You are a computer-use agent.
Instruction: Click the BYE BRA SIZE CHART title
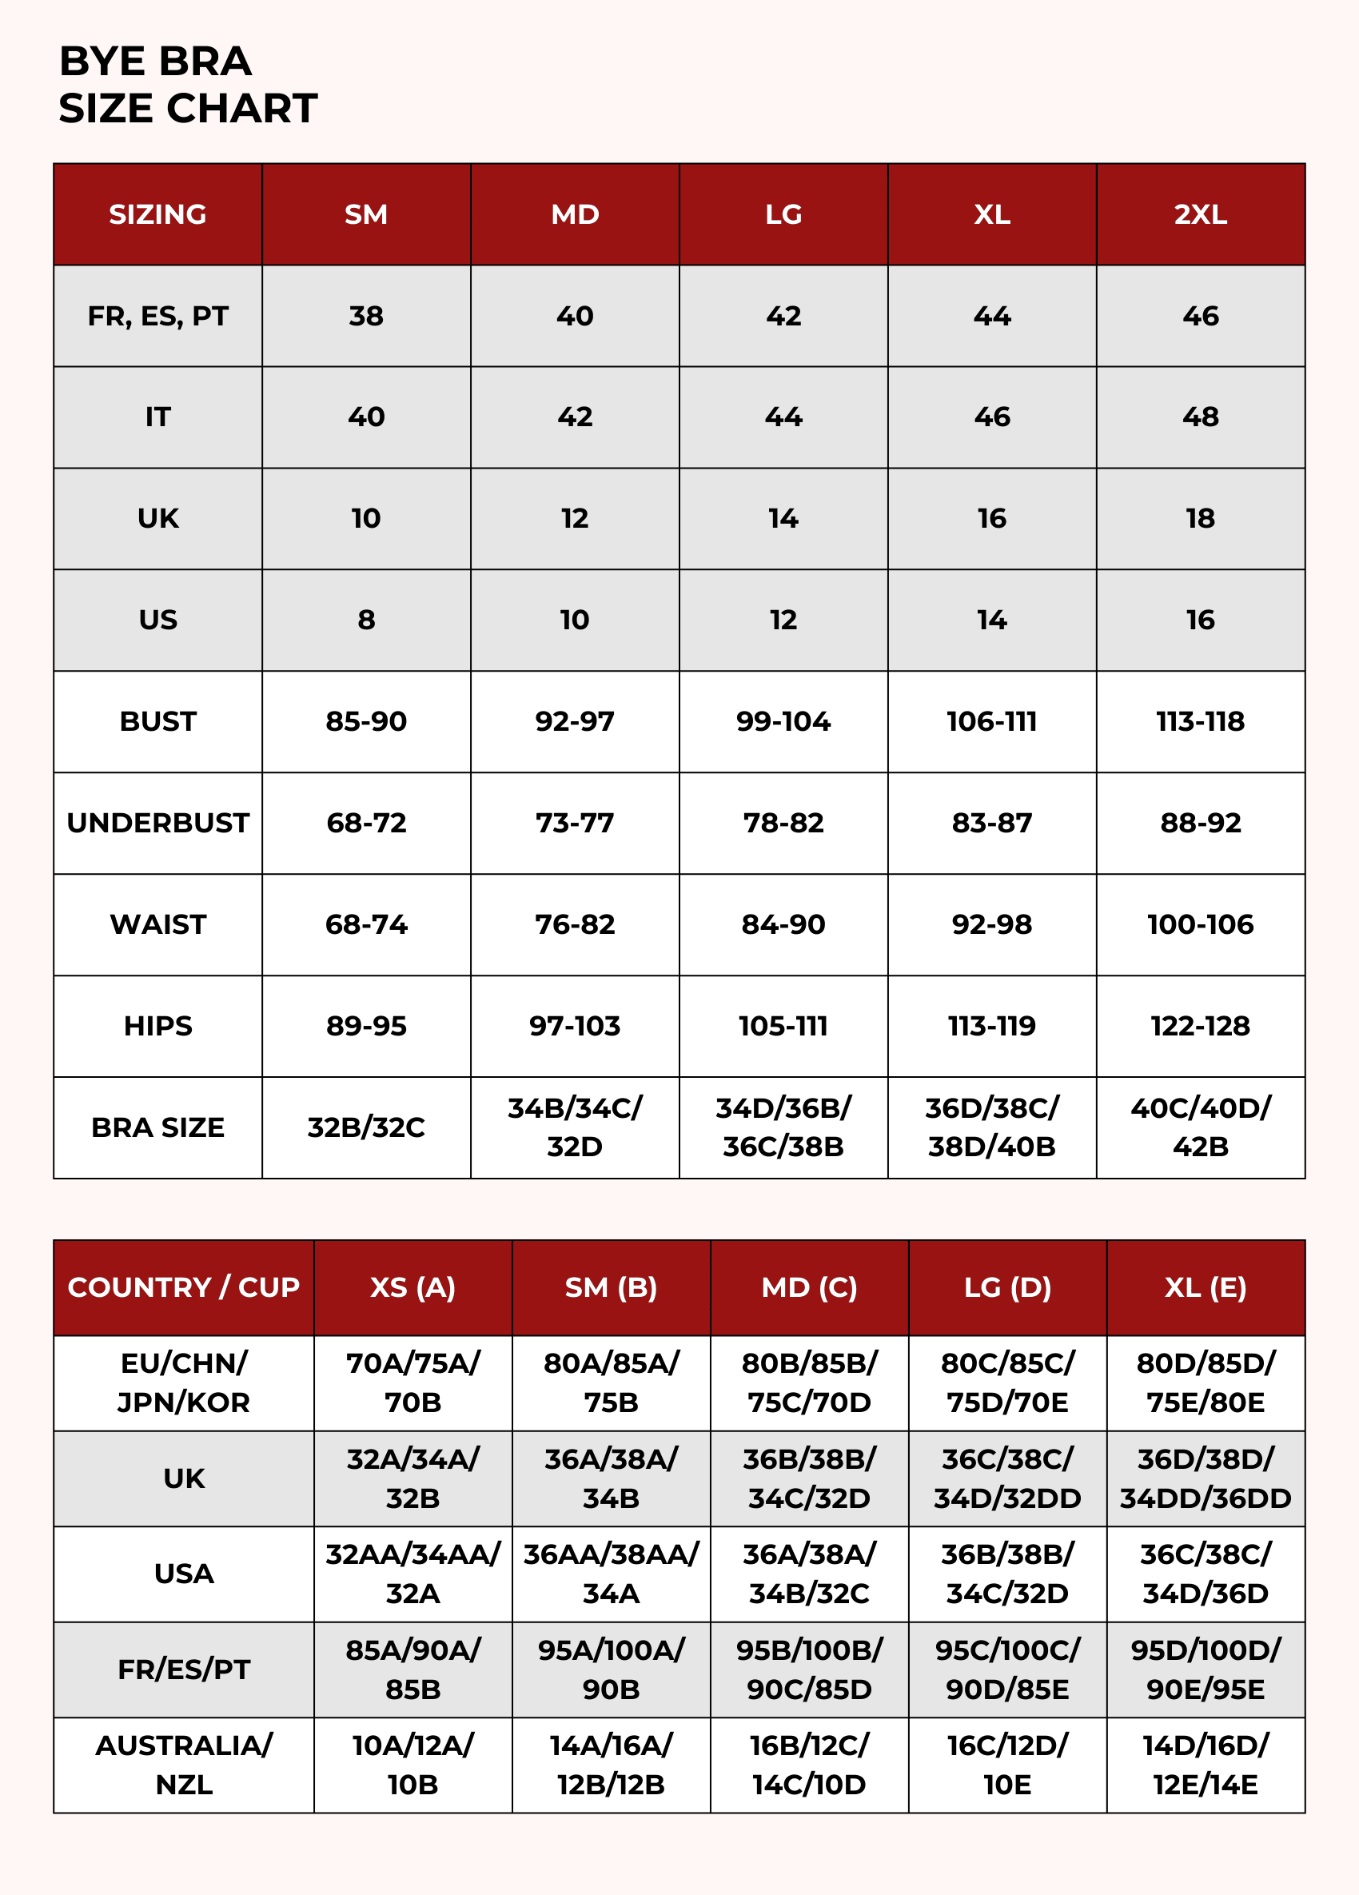pos(188,85)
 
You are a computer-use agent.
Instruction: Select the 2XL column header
pos(1200,215)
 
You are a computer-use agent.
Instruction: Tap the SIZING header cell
pos(157,215)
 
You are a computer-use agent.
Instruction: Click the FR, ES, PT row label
pos(157,316)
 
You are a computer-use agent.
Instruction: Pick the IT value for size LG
pos(783,417)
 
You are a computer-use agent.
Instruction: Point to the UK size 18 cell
pos(1200,519)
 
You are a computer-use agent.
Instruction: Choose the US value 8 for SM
pos(366,620)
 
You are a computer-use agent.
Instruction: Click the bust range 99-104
pos(783,721)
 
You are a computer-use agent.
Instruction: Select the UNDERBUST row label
pos(157,823)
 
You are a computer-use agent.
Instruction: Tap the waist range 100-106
pos(1200,924)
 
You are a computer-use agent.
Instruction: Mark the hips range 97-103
pos(575,1026)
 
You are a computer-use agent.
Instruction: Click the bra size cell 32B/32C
pos(366,1127)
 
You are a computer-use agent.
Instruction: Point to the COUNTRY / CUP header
pos(184,1287)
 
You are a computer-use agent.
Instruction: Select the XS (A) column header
pos(412,1287)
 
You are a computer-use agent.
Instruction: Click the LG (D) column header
pos(1007,1287)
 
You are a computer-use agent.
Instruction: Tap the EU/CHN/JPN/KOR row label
pos(184,1382)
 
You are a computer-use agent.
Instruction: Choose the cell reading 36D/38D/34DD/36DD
pos(1206,1478)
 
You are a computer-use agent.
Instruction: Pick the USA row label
pos(184,1574)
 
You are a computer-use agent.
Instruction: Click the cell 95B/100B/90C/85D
pos(808,1670)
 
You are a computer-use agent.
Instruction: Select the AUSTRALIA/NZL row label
pos(184,1765)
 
